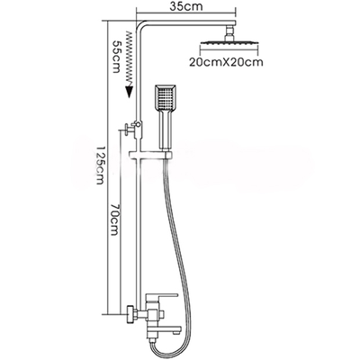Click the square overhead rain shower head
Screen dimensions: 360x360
click(230, 46)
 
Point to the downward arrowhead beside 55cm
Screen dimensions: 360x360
click(128, 89)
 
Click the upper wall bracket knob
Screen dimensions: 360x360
click(132, 129)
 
